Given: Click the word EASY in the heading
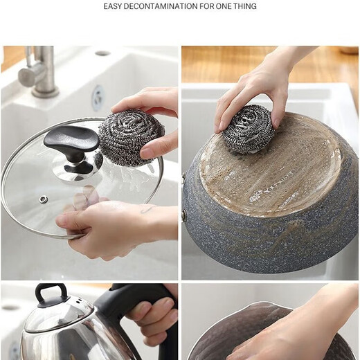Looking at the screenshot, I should (x=114, y=6).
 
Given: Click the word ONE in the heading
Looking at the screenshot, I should (x=221, y=6).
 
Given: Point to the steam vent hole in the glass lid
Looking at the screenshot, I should (x=44, y=199).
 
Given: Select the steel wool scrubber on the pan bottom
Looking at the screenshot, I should (x=248, y=129).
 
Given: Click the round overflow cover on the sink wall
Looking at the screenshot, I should (x=98, y=98).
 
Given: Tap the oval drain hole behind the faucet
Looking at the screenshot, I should (x=102, y=53).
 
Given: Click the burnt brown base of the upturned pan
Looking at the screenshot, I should (x=277, y=166).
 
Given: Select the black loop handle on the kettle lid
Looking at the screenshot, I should (x=52, y=294).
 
